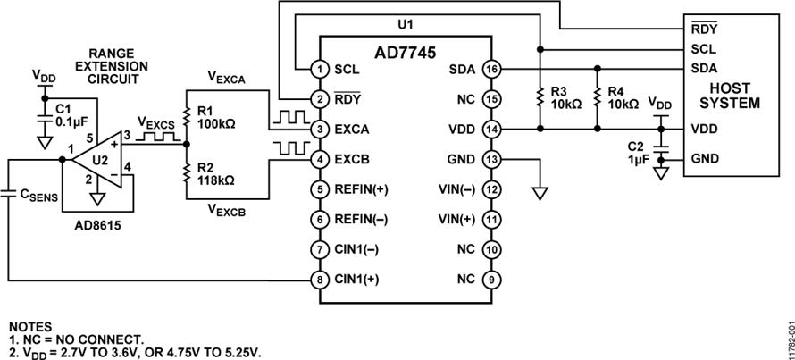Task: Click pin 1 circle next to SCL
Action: (x=320, y=69)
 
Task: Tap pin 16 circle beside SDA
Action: (x=490, y=69)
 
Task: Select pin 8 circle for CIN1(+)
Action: (x=320, y=280)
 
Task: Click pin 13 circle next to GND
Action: (x=490, y=159)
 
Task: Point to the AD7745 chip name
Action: (x=406, y=53)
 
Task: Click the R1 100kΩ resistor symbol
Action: (x=186, y=117)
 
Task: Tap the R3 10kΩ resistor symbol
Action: (x=540, y=96)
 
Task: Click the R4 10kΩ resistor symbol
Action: (x=598, y=96)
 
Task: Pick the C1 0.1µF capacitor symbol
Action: (x=45, y=119)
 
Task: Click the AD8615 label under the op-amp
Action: (x=97, y=224)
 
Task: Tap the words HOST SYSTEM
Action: (x=730, y=96)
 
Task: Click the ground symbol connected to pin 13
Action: (x=540, y=193)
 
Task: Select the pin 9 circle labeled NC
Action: (x=490, y=280)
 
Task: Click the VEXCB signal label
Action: (x=227, y=211)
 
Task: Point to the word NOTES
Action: (x=29, y=327)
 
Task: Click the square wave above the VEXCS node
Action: (x=159, y=136)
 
